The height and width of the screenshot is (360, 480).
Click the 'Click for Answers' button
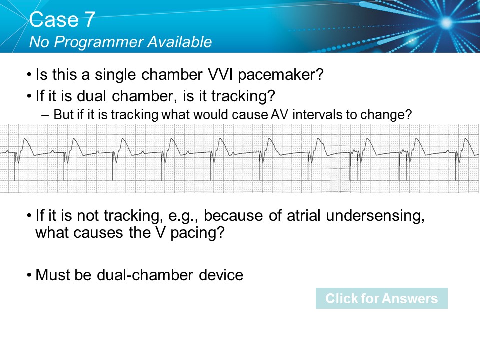381,299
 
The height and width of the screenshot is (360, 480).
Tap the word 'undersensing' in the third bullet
380,217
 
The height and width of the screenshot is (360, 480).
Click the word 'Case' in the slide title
50,20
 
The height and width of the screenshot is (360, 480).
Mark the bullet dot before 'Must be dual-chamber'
30,275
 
